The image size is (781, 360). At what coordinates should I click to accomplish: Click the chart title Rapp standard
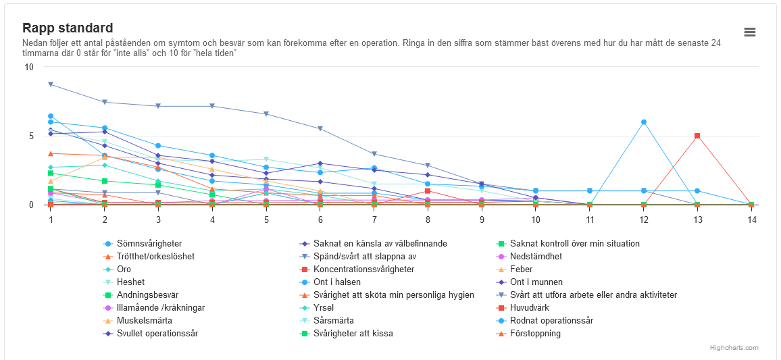tap(68, 28)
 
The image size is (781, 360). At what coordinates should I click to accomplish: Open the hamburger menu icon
tap(749, 32)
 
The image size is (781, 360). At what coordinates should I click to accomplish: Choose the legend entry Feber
tap(522, 269)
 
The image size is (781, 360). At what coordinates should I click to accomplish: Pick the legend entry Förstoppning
tap(535, 334)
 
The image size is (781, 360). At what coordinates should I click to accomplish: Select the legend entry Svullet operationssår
tap(157, 334)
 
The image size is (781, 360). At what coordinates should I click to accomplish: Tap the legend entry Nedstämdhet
tap(536, 257)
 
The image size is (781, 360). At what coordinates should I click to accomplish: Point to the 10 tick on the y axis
tap(29, 68)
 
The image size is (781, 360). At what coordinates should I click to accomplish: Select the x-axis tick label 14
tap(751, 220)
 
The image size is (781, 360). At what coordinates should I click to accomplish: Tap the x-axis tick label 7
tap(374, 220)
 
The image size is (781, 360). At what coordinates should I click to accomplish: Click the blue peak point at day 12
tap(644, 122)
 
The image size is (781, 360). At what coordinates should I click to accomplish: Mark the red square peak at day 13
tap(697, 136)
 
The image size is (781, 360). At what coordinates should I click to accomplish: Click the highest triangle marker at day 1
tap(51, 84)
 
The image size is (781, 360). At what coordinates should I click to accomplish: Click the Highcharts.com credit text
tap(734, 348)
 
